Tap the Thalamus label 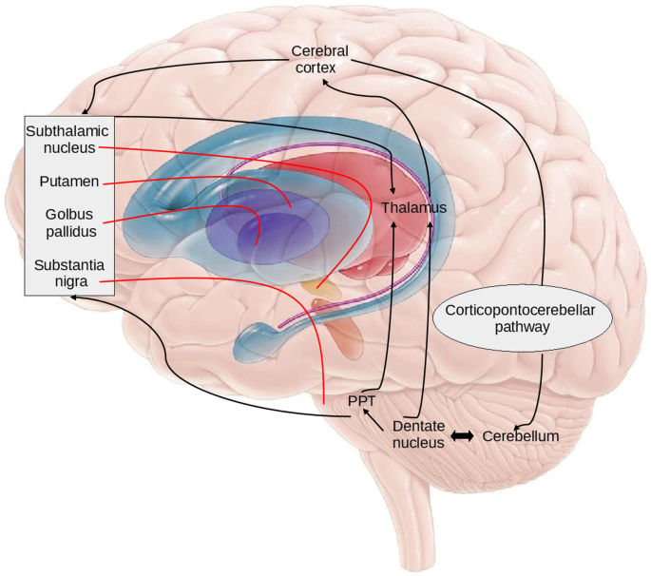click(x=413, y=206)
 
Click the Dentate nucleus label click(x=420, y=434)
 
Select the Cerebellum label click(x=520, y=436)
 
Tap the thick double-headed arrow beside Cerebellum click(x=463, y=435)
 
